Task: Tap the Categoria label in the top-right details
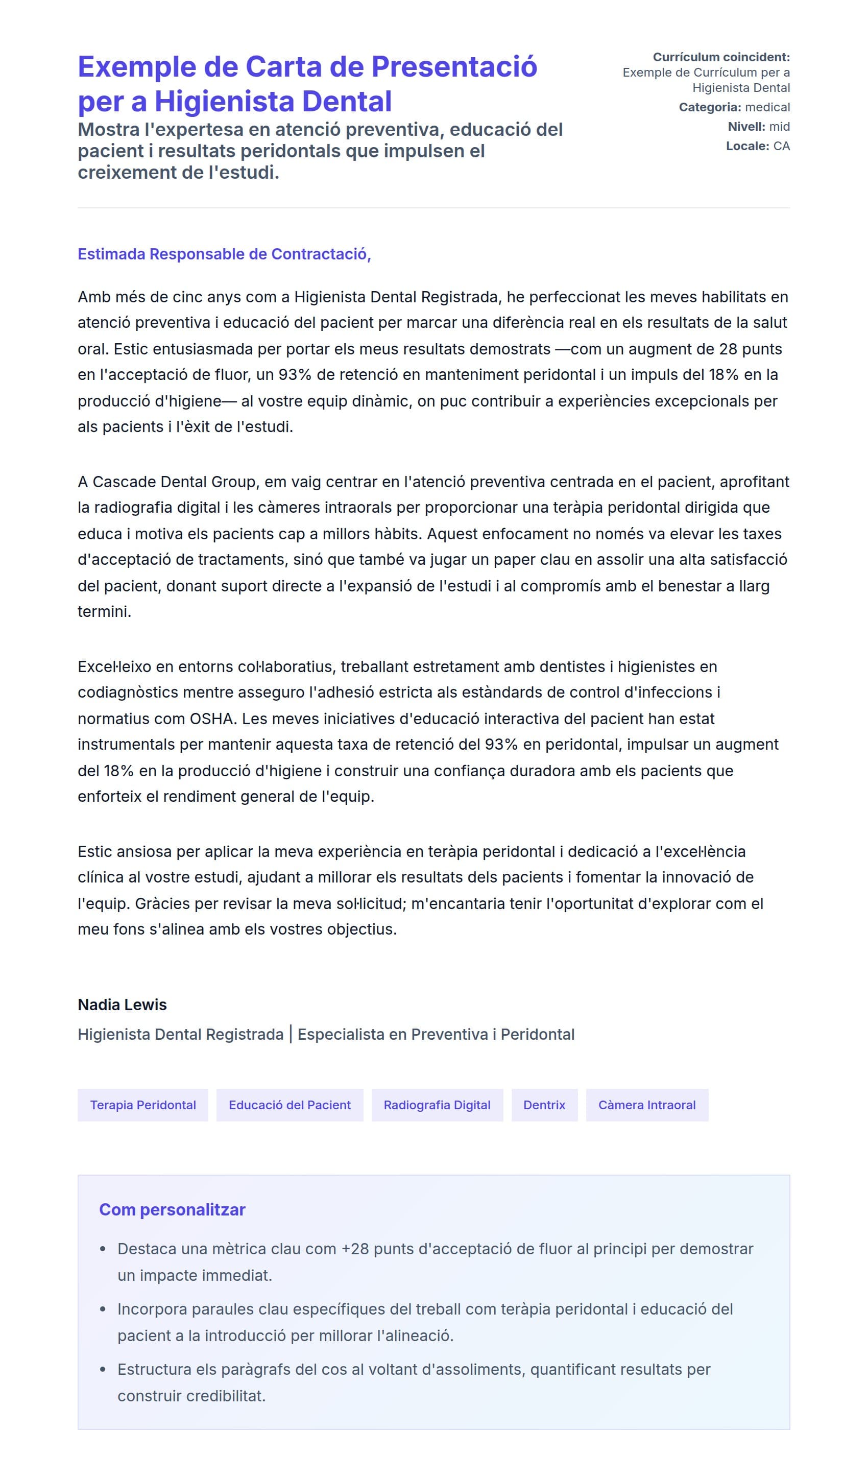pos(709,107)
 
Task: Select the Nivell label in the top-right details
pos(746,127)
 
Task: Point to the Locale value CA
pos(781,146)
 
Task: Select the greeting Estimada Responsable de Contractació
pos(224,254)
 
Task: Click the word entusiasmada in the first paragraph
pos(196,349)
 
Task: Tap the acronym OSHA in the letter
pos(211,719)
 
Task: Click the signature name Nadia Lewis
pos(122,1005)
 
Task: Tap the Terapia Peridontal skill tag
pos(142,1105)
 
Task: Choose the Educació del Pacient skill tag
pos(290,1105)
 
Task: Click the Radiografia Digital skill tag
pos(437,1105)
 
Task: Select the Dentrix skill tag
pos(544,1105)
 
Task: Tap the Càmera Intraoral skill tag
pos(647,1105)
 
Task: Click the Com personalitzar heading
pos(172,1210)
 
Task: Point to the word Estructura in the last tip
pos(154,1370)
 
